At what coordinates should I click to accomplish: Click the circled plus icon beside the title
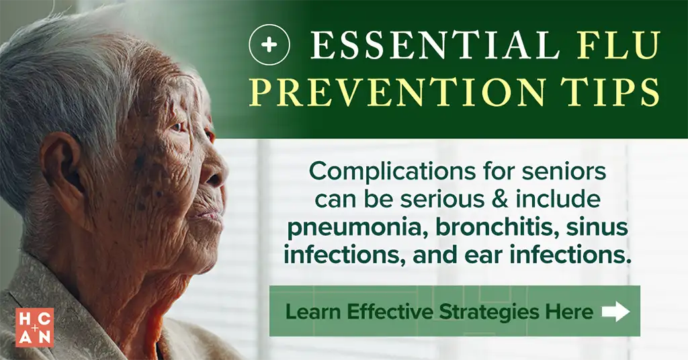tap(269, 45)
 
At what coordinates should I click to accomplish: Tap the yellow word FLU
tap(619, 45)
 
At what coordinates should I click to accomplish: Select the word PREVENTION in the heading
tap(398, 92)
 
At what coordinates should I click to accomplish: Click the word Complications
tap(392, 172)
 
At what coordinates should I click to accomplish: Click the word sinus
tap(597, 228)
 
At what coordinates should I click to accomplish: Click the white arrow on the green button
tap(615, 312)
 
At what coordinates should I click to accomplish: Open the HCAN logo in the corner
tap(35, 327)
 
